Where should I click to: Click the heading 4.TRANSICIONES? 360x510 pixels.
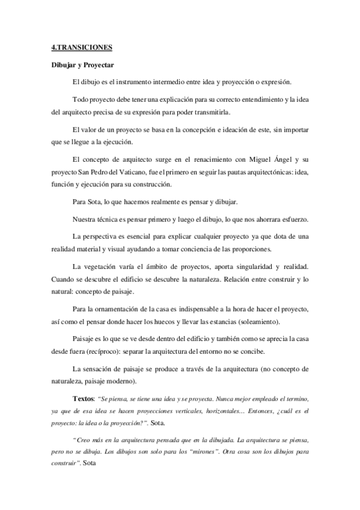[82, 47]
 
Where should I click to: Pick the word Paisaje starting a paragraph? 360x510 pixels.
[85, 338]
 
